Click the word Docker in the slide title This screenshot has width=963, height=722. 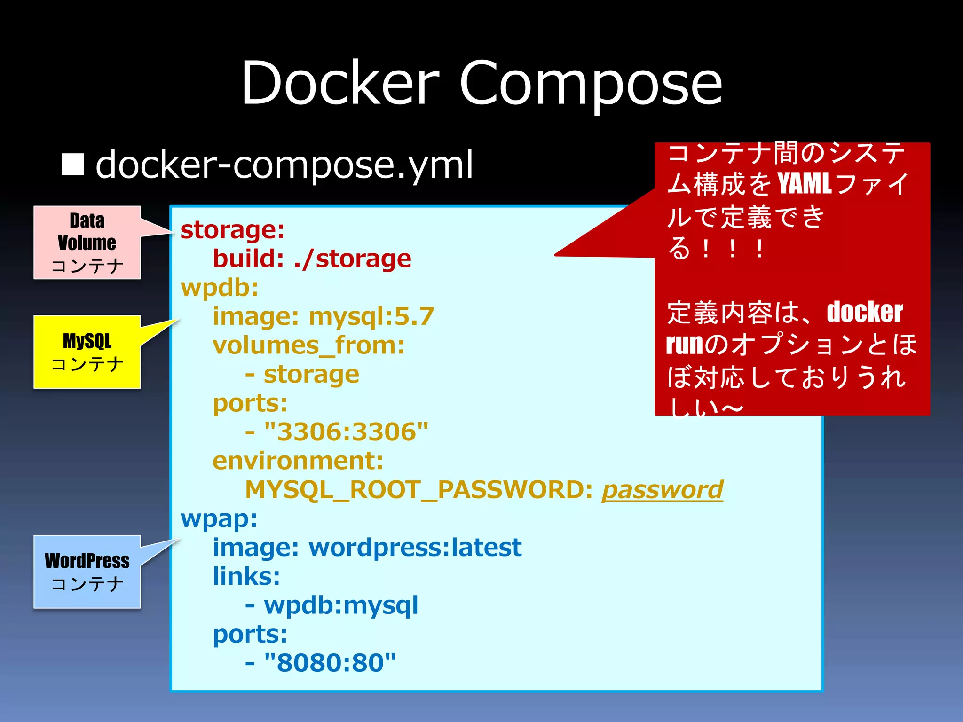(x=339, y=84)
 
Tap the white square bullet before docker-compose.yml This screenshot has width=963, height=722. (x=73, y=165)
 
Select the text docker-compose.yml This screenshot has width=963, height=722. (x=284, y=165)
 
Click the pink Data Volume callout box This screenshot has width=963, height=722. (x=87, y=243)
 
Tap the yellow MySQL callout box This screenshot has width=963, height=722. (x=87, y=352)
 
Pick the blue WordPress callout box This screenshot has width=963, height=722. (x=87, y=572)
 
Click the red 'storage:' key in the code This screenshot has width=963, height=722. (x=232, y=230)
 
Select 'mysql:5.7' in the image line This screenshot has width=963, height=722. (x=371, y=316)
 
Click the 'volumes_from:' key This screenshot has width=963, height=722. (x=308, y=345)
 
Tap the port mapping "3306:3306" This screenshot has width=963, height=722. (x=347, y=432)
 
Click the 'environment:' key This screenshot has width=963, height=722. (x=298, y=461)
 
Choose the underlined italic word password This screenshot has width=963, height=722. (x=662, y=490)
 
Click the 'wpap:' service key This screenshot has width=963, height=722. (x=219, y=519)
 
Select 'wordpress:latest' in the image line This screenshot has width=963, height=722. (x=415, y=548)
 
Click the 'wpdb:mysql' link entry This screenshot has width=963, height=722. (x=341, y=605)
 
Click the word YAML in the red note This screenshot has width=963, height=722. (x=804, y=184)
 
